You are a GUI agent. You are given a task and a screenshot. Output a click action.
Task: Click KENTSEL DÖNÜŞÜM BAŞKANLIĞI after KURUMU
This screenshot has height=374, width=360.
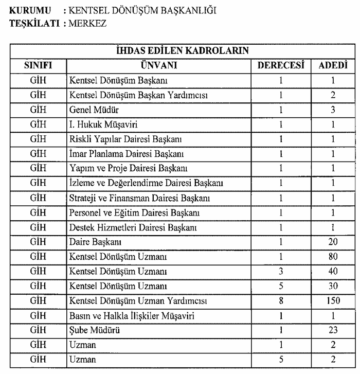pyautogui.click(x=142, y=10)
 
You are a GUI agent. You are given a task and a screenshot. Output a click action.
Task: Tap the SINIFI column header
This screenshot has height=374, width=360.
pyautogui.click(x=38, y=65)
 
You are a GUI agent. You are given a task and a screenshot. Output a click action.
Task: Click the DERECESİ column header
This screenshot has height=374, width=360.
pyautogui.click(x=281, y=65)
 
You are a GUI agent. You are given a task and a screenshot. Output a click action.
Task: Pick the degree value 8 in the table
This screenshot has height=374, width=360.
pyautogui.click(x=281, y=301)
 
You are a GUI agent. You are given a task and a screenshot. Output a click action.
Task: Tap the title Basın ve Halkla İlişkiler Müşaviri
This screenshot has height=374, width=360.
pyautogui.click(x=131, y=316)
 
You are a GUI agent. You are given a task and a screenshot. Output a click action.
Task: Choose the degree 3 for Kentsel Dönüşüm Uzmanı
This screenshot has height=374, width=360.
pyautogui.click(x=281, y=271)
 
